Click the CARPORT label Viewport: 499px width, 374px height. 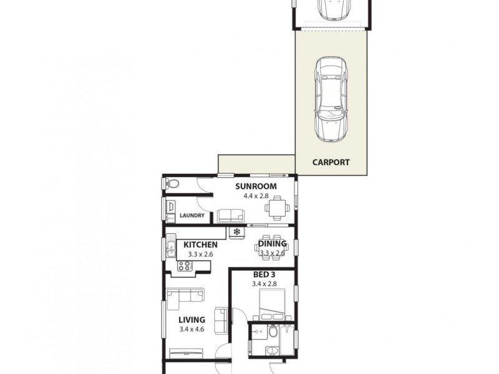(x=331, y=162)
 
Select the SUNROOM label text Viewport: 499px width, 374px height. (x=256, y=186)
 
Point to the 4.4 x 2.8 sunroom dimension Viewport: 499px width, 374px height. (x=256, y=196)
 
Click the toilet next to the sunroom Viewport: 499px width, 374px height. (x=173, y=183)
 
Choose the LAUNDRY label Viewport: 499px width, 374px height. (x=191, y=216)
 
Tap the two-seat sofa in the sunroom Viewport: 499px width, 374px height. (x=231, y=216)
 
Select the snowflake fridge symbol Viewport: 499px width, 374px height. (x=237, y=232)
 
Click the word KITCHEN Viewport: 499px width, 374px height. (x=200, y=245)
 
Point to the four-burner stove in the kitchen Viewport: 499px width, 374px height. (x=185, y=266)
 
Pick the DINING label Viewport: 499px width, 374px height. (x=275, y=244)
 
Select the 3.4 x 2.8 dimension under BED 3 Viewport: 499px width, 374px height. (x=263, y=284)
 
